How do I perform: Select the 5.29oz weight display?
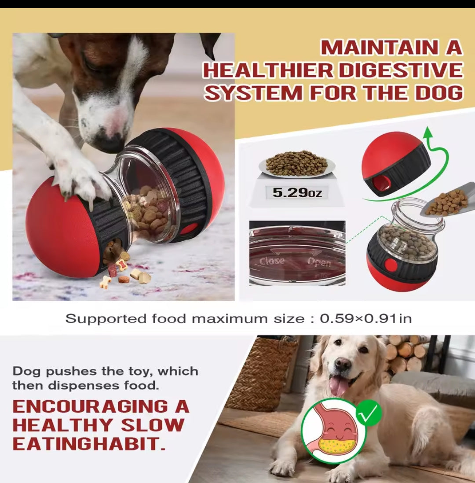point(297,193)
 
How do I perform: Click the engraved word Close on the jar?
point(272,261)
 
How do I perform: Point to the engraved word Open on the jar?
point(319,262)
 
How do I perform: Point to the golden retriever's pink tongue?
point(338,386)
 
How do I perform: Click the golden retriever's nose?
point(343,364)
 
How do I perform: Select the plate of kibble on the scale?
point(297,165)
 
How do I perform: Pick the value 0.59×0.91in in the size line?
point(366,318)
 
